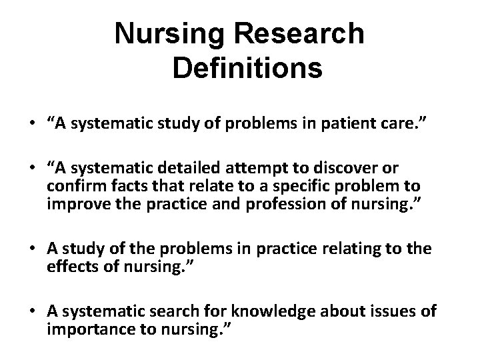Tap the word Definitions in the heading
[247, 68]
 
